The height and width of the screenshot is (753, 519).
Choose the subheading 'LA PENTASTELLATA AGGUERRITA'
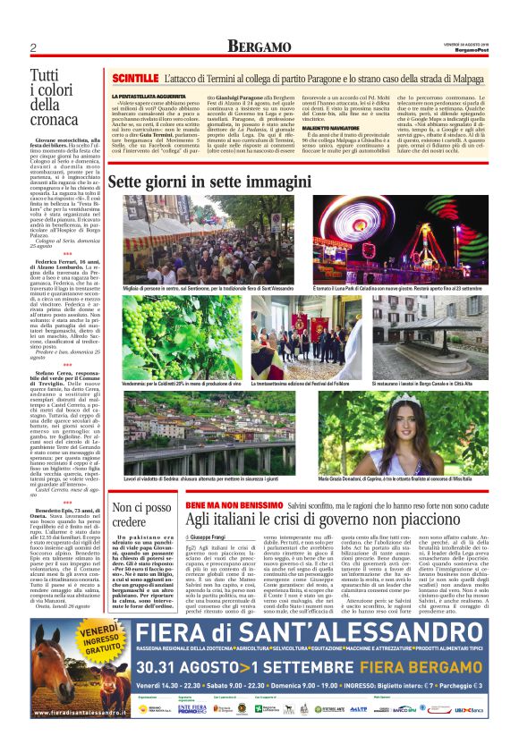147,95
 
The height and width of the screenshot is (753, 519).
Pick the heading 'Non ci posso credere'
142,516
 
